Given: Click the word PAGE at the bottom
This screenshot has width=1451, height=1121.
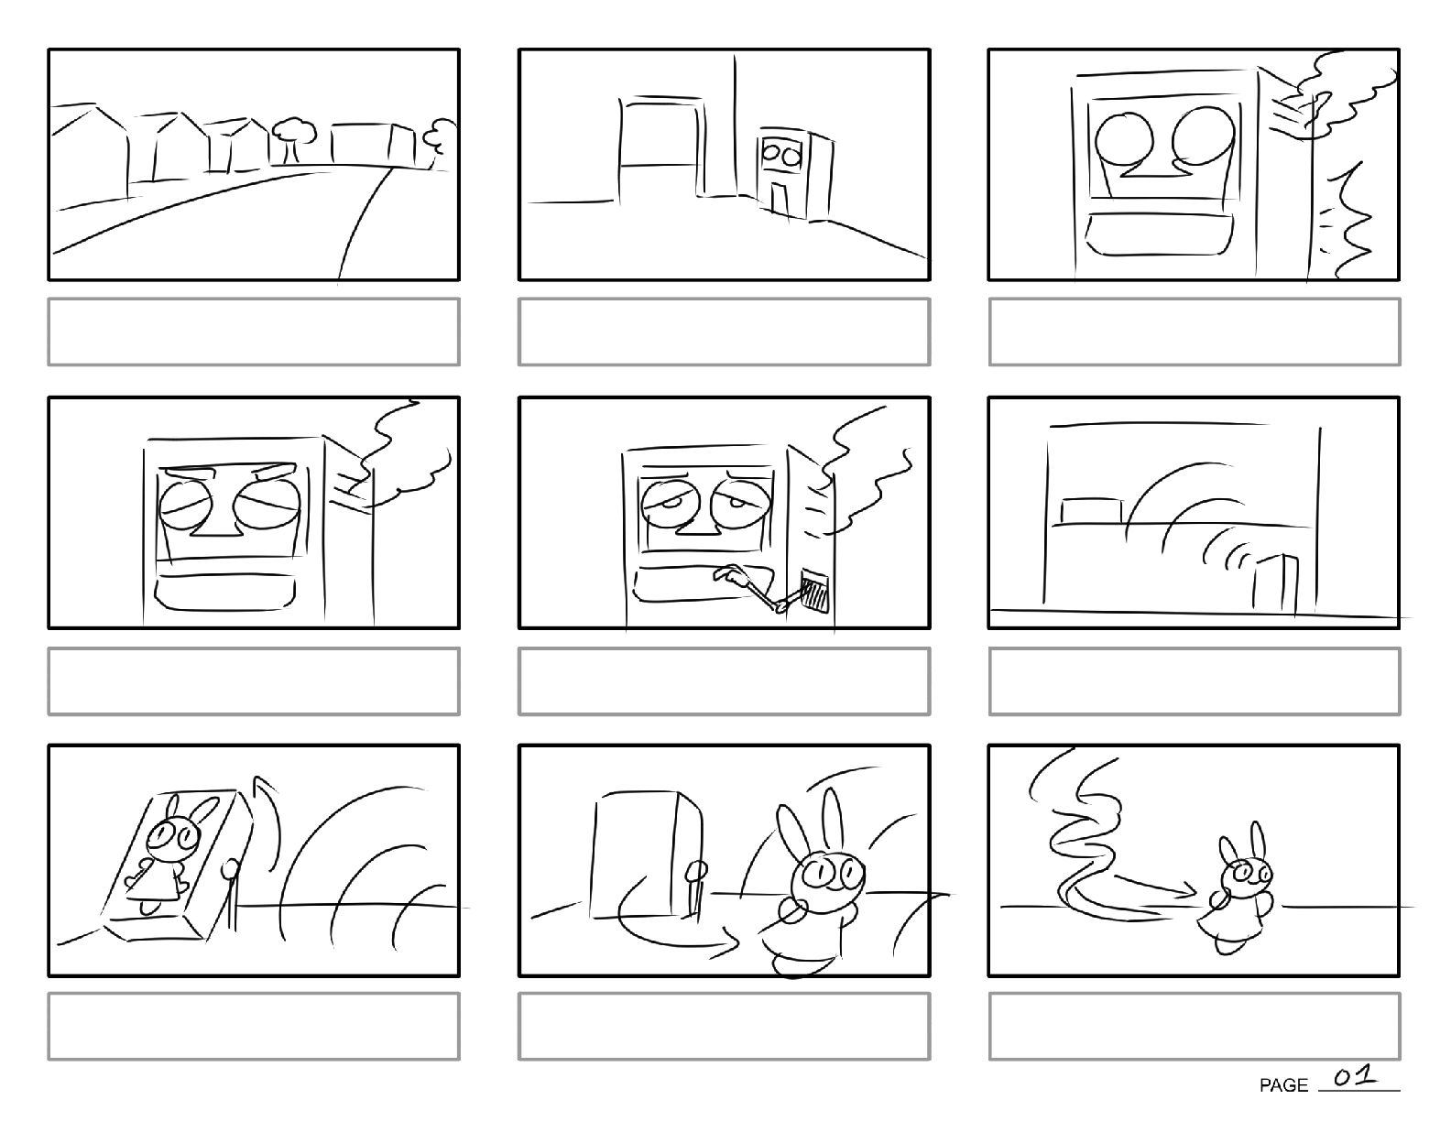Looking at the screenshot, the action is [1283, 1086].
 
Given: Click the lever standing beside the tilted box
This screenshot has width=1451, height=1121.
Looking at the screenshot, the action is [231, 895].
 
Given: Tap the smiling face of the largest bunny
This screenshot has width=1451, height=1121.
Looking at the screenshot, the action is [828, 876].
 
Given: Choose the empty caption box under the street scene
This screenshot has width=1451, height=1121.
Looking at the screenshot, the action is [254, 332].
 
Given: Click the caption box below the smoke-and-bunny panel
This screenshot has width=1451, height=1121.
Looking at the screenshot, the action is [1195, 1026].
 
